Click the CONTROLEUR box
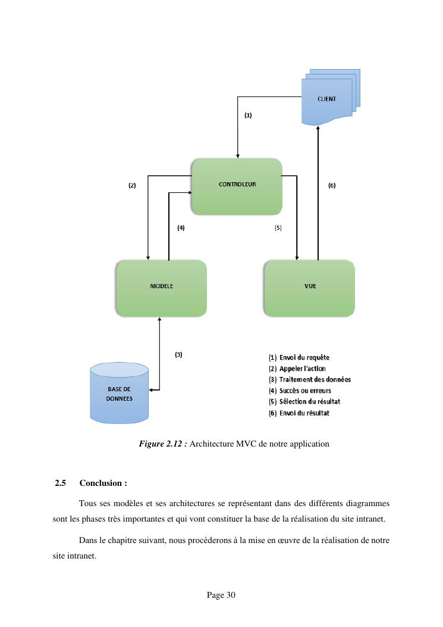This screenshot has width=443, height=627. pos(237,186)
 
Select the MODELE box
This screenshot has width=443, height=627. pos(161,288)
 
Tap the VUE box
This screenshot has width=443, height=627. pos(309,288)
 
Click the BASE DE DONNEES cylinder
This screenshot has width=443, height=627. pos(119,394)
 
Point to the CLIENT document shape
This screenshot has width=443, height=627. pos(326,100)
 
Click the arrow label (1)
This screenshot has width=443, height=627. pos(248,116)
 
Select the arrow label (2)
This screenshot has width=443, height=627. pos(132,185)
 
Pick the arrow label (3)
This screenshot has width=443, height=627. pos(178,354)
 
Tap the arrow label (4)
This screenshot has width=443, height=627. pos(181,227)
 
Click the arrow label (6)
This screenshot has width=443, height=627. pos(332,185)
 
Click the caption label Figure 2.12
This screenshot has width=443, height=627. pos(163,444)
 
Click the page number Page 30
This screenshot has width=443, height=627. pos(221,595)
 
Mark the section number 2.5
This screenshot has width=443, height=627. pos(60,483)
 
